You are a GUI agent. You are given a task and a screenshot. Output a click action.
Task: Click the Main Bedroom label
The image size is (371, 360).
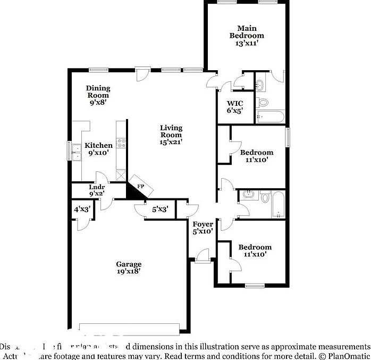tap(247, 36)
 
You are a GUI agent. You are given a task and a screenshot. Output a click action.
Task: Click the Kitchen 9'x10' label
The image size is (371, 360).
tap(98, 149)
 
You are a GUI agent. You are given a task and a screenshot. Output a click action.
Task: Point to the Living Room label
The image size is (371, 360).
tap(171, 135)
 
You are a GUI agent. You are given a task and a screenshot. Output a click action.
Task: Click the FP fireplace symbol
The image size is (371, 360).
tap(141, 187)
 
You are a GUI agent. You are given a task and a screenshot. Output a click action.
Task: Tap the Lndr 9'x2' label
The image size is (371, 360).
tap(97, 190)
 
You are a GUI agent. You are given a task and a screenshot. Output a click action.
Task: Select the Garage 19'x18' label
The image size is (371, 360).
tap(129, 267)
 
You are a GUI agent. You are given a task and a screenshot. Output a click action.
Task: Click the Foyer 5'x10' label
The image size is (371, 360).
tap(203, 228)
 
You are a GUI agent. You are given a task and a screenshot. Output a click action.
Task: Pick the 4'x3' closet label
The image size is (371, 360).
tap(82, 210)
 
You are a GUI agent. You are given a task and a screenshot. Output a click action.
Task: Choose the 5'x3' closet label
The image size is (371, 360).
tap(159, 210)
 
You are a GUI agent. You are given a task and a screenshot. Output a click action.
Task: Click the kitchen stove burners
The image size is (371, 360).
tap(121, 143)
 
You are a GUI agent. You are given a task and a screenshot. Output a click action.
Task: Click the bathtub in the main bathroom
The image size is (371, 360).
tap(271, 116)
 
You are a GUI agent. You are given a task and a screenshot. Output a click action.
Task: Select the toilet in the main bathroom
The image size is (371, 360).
tap(263, 103)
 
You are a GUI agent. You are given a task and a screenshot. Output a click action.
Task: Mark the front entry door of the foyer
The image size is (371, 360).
tap(203, 259)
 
